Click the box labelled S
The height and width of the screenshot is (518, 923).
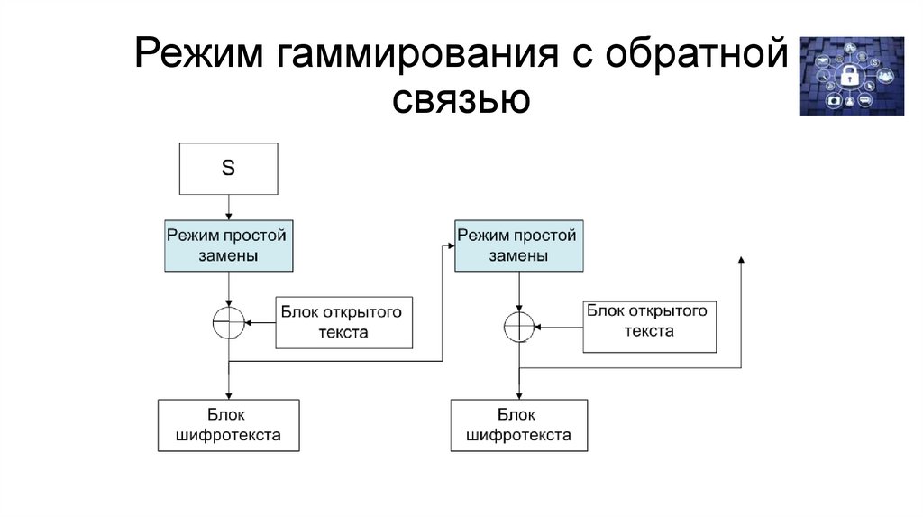pyautogui.click(x=228, y=169)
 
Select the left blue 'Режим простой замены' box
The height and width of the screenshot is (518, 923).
pyautogui.click(x=229, y=245)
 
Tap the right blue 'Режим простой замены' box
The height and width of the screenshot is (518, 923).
pyautogui.click(x=517, y=245)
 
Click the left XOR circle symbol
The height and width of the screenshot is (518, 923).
pyautogui.click(x=229, y=322)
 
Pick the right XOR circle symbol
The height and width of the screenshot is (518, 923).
pyautogui.click(x=519, y=326)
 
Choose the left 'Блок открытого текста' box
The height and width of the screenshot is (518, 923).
pyautogui.click(x=343, y=322)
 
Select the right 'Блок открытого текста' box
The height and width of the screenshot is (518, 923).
pyautogui.click(x=650, y=326)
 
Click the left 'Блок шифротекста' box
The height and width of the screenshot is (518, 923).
pyautogui.click(x=228, y=425)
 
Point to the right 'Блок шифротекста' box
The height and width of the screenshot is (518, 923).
pyautogui.click(x=518, y=425)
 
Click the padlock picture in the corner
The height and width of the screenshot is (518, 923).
pyautogui.click(x=850, y=76)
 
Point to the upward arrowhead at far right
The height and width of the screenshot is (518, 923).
pyautogui.click(x=740, y=260)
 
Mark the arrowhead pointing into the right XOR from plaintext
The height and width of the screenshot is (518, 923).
pyautogui.click(x=539, y=326)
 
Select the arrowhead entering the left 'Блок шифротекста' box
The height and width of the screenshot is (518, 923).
pyautogui.click(x=229, y=395)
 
